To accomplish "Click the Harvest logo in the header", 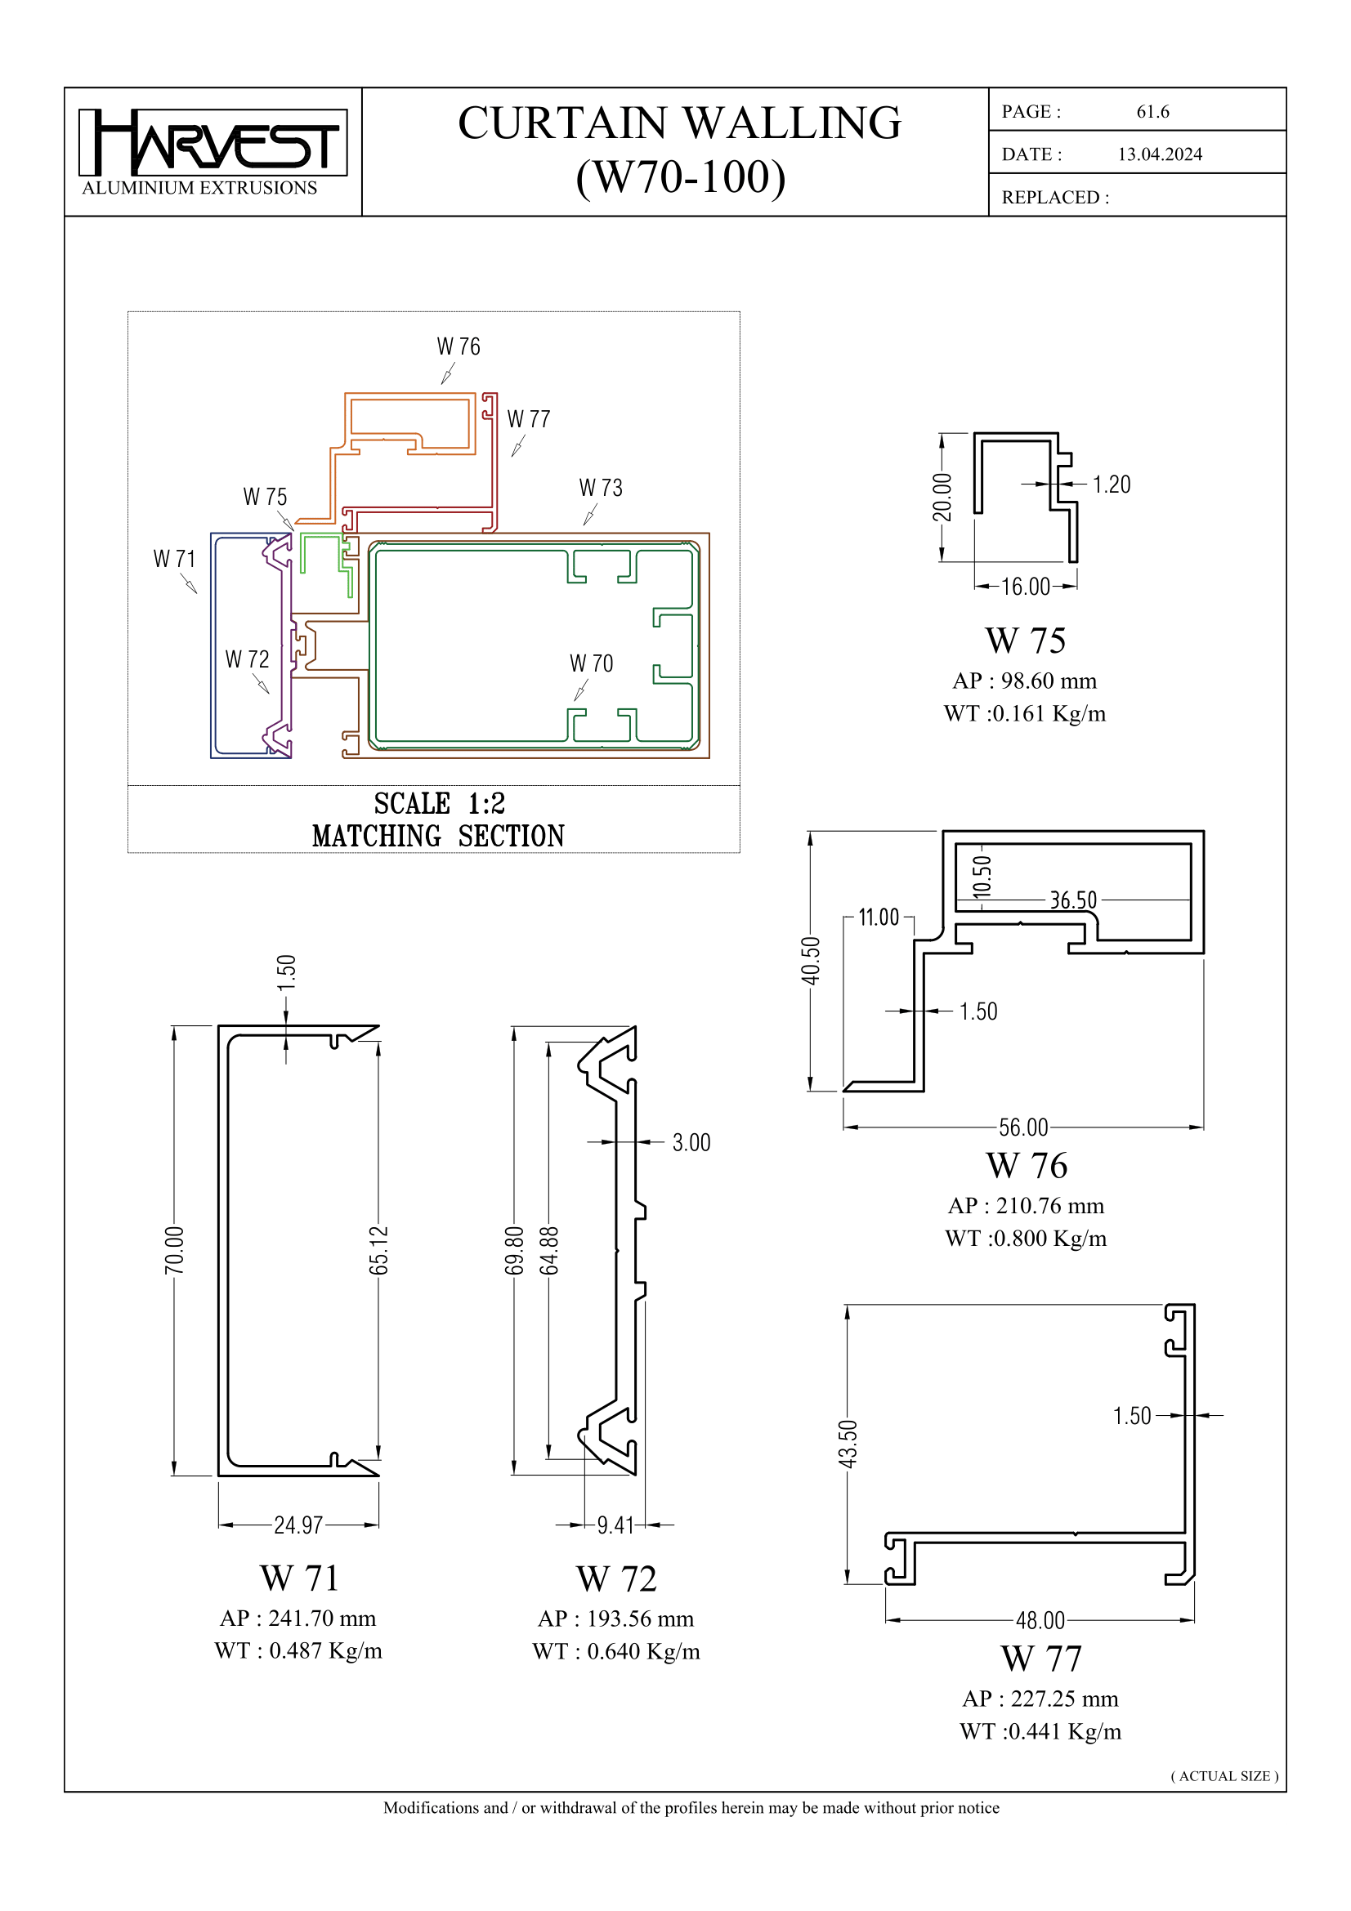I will coord(212,143).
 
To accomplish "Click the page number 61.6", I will coord(1152,112).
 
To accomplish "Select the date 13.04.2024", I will coord(1159,154).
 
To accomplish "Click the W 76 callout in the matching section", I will coord(458,346).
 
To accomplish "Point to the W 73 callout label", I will coord(600,488).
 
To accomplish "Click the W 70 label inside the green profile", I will coord(591,663).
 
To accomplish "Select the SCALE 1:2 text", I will coord(439,803).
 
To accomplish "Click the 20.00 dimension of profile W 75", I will coord(942,497).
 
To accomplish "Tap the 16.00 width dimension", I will coord(1025,587).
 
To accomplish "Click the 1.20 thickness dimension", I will coord(1111,484).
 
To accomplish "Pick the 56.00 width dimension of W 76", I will coord(1023,1127).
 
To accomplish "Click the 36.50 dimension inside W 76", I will coord(1072,900).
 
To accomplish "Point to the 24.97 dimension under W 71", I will coord(298,1525).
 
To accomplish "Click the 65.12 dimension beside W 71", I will coord(378,1250).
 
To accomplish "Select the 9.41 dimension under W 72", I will coord(615,1525).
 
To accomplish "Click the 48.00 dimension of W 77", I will coord(1040,1619).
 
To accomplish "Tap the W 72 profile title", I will coord(616,1578).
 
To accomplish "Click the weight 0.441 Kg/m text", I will coord(1040,1731).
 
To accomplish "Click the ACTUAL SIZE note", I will coord(1224,1775).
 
